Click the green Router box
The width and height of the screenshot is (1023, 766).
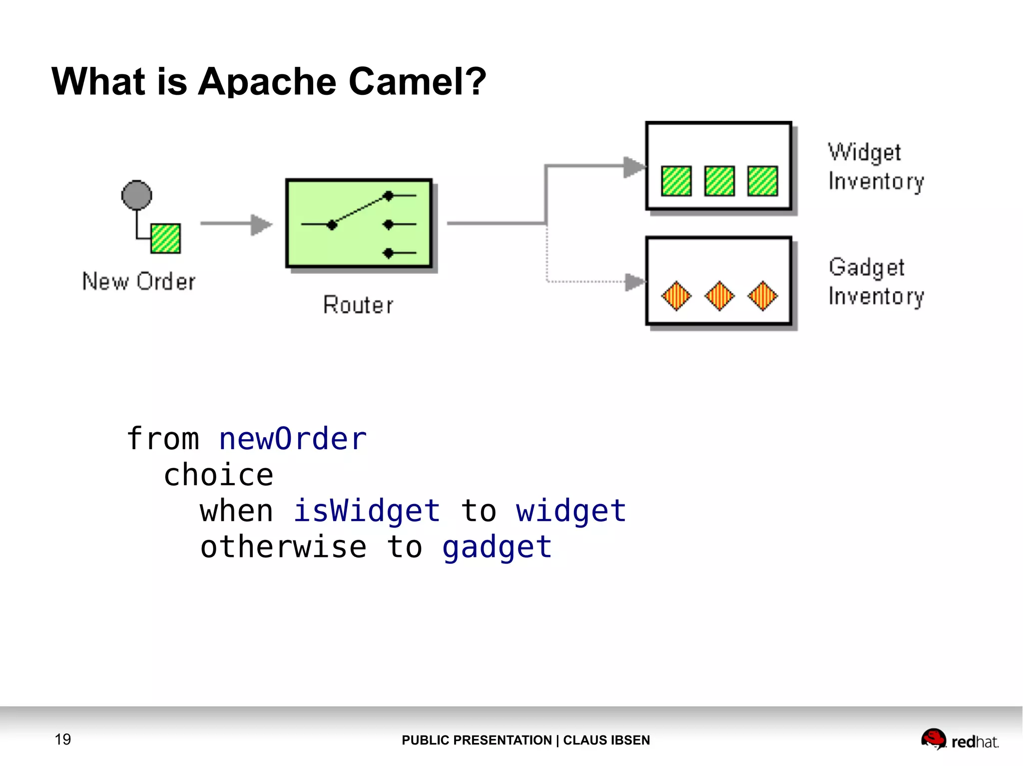(x=359, y=224)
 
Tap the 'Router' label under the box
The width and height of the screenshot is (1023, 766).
(x=358, y=305)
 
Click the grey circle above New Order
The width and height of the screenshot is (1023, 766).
(x=136, y=195)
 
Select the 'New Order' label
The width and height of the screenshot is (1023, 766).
(x=139, y=281)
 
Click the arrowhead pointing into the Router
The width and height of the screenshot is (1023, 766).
(x=261, y=224)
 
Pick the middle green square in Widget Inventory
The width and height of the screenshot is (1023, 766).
(x=719, y=181)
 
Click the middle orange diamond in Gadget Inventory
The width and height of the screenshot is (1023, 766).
(x=719, y=296)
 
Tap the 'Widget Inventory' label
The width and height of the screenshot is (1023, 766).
(x=876, y=167)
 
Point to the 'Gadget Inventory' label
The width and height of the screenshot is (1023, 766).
(x=876, y=282)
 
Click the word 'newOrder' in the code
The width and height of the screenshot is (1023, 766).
(x=293, y=439)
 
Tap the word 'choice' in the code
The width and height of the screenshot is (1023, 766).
(x=219, y=475)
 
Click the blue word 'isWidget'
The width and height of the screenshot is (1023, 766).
(x=367, y=511)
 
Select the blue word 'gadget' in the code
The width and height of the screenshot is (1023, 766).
(x=497, y=547)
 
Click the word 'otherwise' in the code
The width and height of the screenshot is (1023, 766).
(x=283, y=547)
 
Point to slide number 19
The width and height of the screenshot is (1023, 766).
(x=63, y=739)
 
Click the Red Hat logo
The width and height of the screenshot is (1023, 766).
(x=960, y=740)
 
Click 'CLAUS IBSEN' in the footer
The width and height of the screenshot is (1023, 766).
(x=606, y=740)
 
